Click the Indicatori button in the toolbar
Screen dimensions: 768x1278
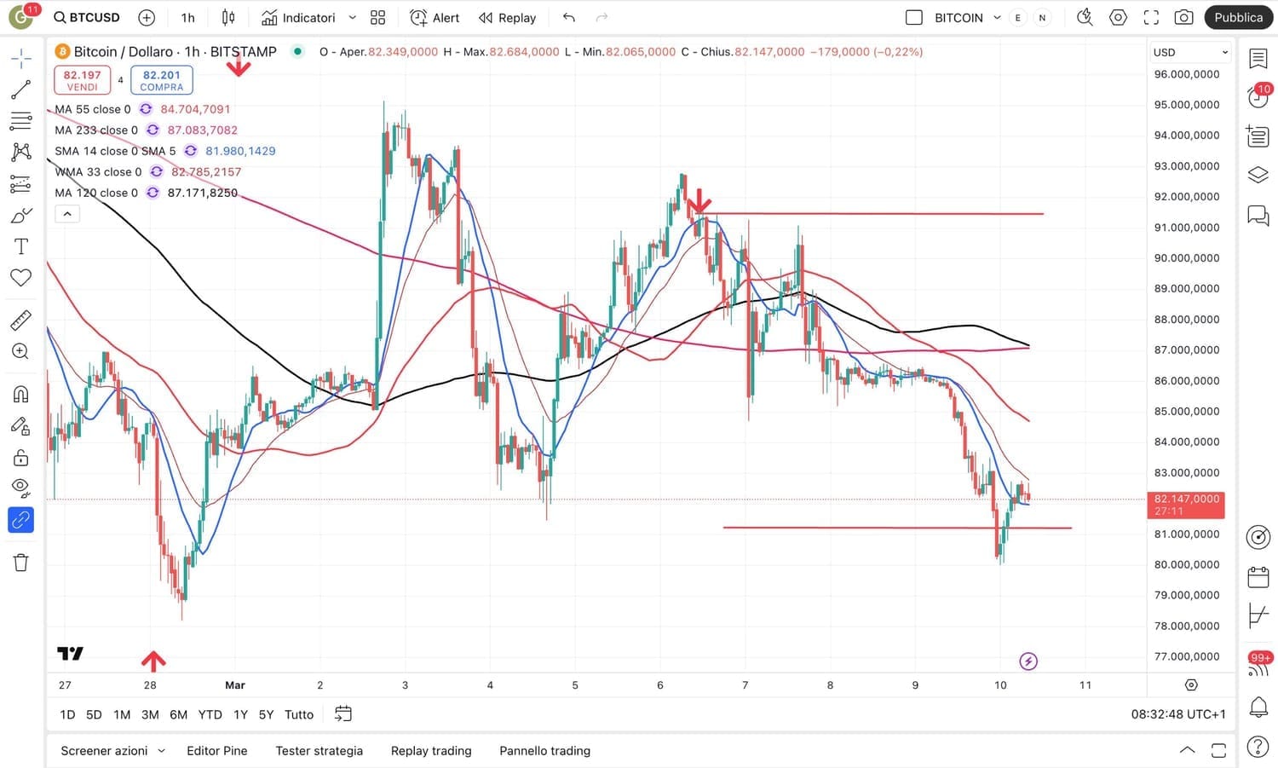[298, 18]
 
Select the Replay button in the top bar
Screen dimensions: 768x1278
[508, 18]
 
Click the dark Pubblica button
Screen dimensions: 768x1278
[1238, 18]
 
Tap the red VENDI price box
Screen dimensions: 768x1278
[83, 80]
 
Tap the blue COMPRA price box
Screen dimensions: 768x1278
[161, 80]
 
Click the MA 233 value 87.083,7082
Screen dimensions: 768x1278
[203, 130]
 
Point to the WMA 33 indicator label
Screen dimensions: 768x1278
[98, 172]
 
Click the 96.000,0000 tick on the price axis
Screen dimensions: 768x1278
[1186, 74]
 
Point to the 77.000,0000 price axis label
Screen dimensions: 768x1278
[1186, 656]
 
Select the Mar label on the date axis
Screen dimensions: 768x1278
[235, 685]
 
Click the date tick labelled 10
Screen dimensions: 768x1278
[1000, 685]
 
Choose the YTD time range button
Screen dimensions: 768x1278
[210, 714]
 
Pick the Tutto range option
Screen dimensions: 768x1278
[299, 714]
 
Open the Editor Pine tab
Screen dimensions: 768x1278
[216, 751]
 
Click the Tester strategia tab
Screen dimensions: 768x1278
[319, 751]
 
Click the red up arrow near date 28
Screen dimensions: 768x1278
[153, 660]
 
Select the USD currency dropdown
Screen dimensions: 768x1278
[1189, 52]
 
